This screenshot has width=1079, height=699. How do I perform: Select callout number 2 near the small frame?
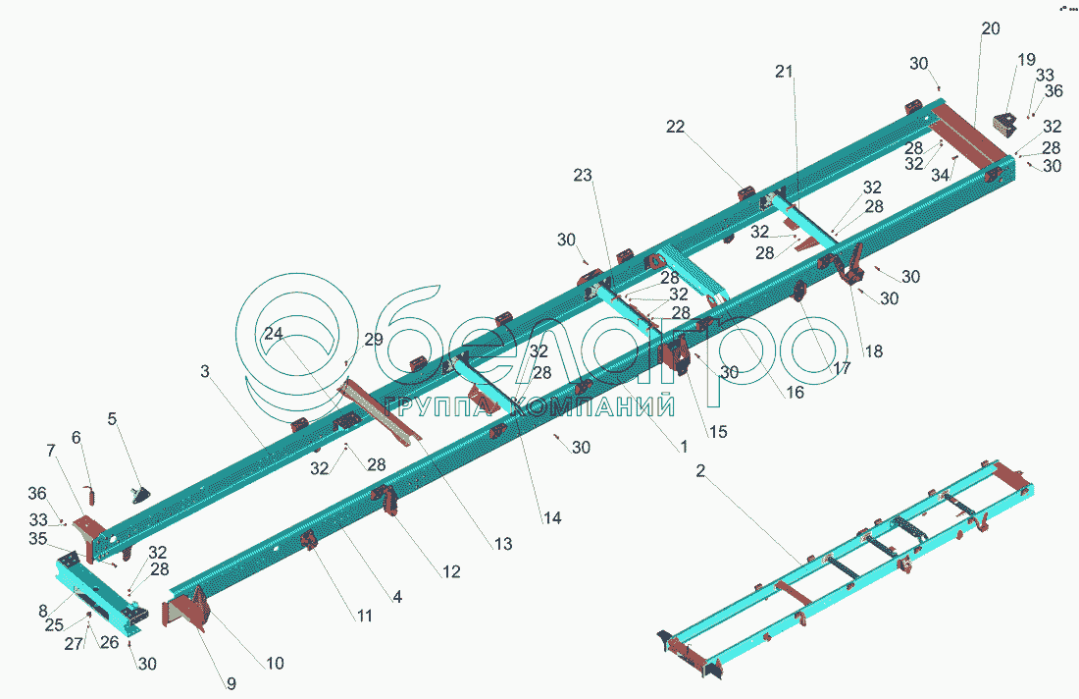(700, 472)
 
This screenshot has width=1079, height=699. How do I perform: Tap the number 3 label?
(204, 372)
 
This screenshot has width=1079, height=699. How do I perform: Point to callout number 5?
(112, 419)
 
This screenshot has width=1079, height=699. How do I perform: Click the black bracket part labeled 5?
(142, 493)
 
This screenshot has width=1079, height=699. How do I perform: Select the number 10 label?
(275, 664)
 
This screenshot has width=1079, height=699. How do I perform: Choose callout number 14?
(552, 517)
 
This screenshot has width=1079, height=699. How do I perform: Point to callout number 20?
(991, 29)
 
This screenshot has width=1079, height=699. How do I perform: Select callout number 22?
(702, 127)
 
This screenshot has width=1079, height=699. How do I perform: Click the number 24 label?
(273, 333)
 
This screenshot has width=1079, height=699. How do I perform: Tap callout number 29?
(374, 340)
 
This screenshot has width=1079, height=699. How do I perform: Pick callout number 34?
(940, 176)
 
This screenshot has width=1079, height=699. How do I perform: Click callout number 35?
(37, 539)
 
